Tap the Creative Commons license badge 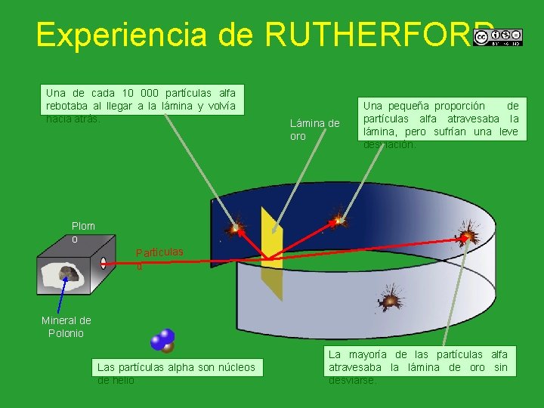[497, 38]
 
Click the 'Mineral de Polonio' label [66, 326]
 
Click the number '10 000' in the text [144, 93]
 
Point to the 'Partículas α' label [159, 257]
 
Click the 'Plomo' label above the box [82, 232]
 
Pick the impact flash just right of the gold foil [338, 218]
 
